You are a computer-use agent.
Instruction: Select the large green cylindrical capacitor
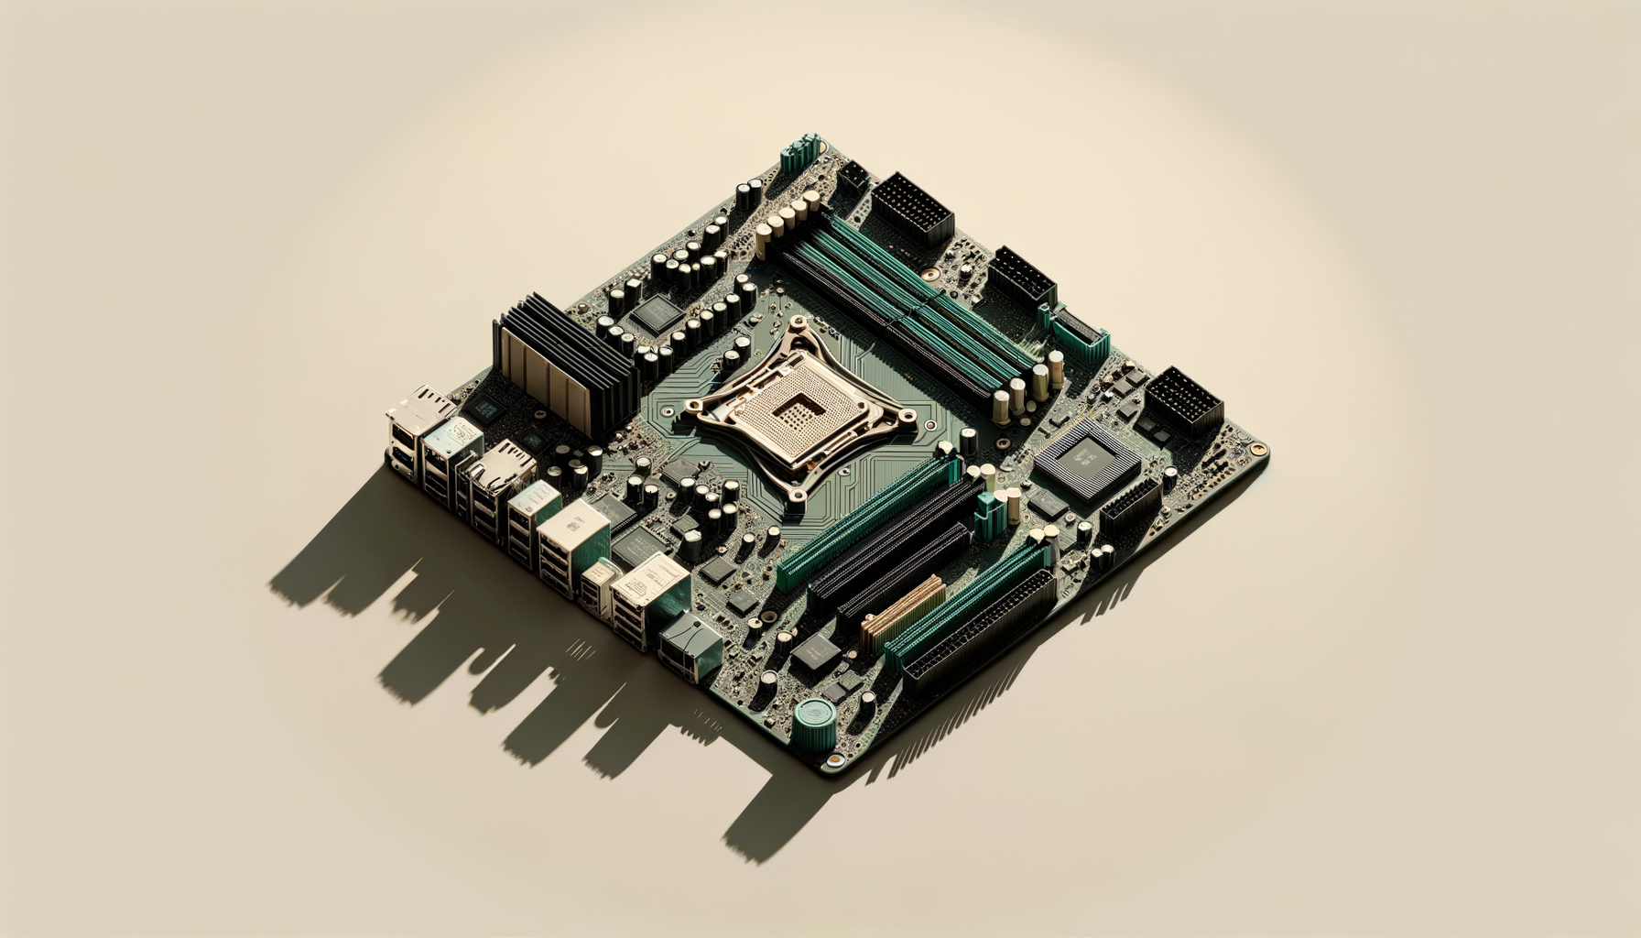coord(813,723)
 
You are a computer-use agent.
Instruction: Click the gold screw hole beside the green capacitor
coord(834,759)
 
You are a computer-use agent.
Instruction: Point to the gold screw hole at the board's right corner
coord(1259,450)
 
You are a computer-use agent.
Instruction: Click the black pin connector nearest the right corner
coord(1184,402)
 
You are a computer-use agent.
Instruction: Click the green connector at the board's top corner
coord(799,154)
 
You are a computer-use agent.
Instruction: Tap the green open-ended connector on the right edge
coord(1081,331)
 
